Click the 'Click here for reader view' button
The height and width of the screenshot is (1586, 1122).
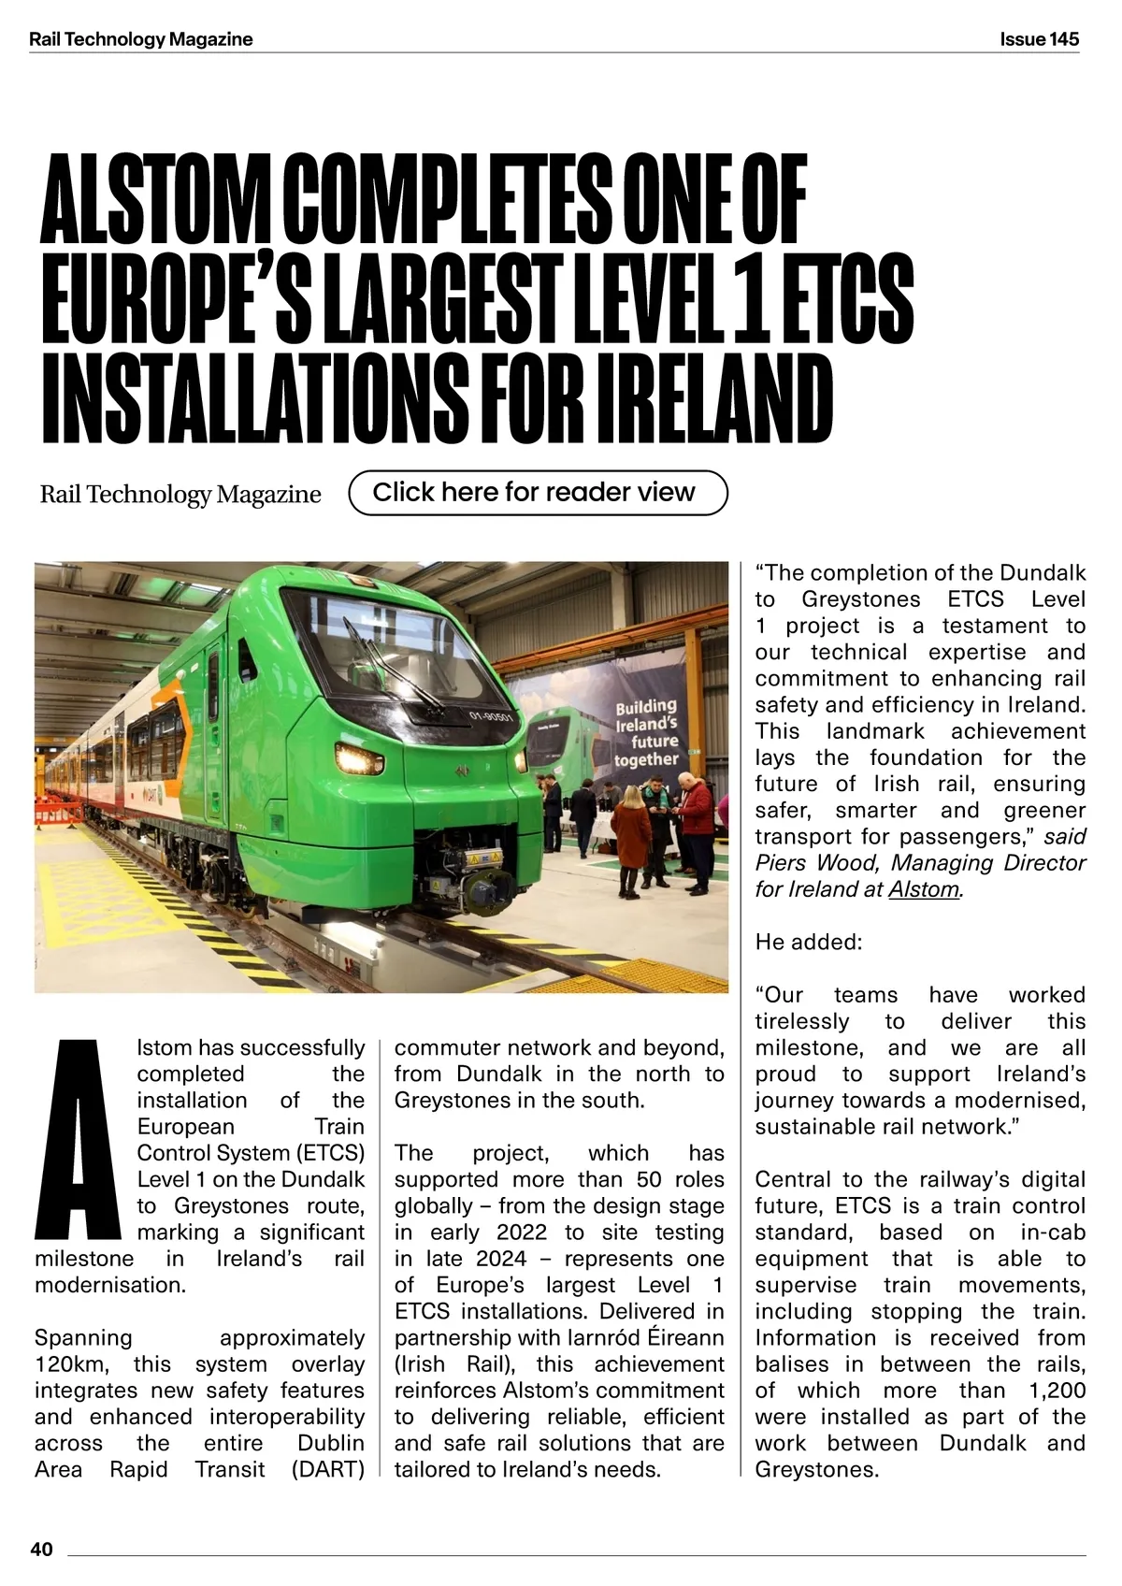click(x=537, y=493)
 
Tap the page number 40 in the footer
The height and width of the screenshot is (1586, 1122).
click(x=42, y=1550)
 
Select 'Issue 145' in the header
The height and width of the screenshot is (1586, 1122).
click(x=1039, y=39)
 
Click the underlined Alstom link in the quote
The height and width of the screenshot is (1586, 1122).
click(x=923, y=889)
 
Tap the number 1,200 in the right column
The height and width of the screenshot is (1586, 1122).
click(x=1057, y=1391)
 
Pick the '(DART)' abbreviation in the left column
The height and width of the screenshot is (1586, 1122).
click(x=328, y=1469)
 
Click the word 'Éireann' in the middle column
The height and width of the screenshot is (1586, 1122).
click(x=686, y=1338)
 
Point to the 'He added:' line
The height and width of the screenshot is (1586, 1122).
click(x=809, y=942)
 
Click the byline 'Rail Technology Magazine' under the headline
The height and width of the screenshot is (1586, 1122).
click(x=180, y=495)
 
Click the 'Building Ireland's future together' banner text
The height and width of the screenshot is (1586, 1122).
click(x=646, y=732)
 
